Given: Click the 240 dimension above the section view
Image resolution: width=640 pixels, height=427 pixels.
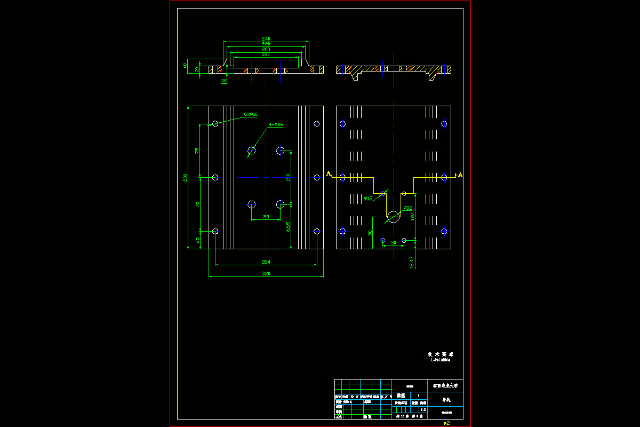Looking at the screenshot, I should [266, 38].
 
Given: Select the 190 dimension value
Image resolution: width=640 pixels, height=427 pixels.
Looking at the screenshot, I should [266, 54].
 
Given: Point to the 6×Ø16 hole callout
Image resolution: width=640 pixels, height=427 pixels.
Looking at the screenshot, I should [251, 114].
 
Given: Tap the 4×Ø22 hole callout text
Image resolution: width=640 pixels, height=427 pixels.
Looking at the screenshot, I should [276, 124].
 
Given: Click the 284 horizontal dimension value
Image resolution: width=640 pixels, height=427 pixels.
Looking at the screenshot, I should [266, 262].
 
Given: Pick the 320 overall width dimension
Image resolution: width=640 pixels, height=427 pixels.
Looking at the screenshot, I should [266, 274].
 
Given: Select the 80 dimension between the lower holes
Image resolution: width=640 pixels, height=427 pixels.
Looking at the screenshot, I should [266, 217].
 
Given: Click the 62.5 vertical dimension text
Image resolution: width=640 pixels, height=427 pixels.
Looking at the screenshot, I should [288, 227].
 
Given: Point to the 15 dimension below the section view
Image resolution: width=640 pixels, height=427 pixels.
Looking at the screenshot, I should [224, 81].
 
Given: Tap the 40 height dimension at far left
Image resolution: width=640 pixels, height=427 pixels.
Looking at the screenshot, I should [185, 66].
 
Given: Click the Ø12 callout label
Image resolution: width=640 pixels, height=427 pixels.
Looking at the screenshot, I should [368, 199].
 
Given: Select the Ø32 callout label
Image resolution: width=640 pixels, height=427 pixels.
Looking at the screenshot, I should [408, 208].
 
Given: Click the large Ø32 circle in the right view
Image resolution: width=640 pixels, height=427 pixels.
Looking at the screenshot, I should [394, 217].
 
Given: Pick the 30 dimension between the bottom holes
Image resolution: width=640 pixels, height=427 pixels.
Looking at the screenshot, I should [394, 243].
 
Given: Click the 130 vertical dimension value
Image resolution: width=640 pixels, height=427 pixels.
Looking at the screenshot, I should [412, 217].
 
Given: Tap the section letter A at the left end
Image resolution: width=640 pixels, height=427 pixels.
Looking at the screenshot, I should [329, 173].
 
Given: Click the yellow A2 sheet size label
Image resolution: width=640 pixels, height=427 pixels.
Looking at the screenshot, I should [447, 423].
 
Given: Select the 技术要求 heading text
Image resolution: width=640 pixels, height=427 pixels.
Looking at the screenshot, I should [440, 354].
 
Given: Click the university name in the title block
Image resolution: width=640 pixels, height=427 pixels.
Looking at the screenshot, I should [445, 385].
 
